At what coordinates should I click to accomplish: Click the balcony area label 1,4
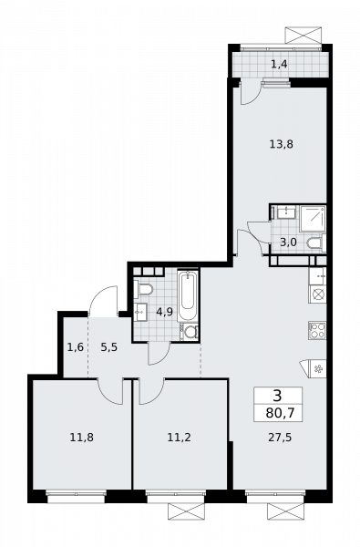click(x=279, y=64)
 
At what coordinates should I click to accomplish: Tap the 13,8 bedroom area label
click(x=281, y=144)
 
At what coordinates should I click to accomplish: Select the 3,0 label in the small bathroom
click(x=288, y=242)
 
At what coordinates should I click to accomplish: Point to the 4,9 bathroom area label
click(x=164, y=312)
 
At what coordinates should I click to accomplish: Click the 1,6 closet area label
click(x=76, y=347)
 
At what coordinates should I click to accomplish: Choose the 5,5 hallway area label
click(x=108, y=347)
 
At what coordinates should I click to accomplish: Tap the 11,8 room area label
click(x=82, y=437)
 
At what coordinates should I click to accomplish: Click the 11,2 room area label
click(x=179, y=437)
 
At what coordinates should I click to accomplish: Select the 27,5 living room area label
click(x=280, y=437)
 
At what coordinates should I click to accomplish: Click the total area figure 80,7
click(x=280, y=413)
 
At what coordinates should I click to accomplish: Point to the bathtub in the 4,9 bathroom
click(x=188, y=295)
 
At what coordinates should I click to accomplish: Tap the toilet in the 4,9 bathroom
click(x=144, y=290)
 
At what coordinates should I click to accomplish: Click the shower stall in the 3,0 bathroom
click(x=313, y=219)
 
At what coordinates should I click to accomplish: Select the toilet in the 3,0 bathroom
click(x=316, y=243)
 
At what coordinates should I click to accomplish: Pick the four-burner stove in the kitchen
click(x=317, y=330)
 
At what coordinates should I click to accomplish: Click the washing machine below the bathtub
click(x=189, y=332)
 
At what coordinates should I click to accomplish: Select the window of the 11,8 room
click(x=76, y=497)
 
